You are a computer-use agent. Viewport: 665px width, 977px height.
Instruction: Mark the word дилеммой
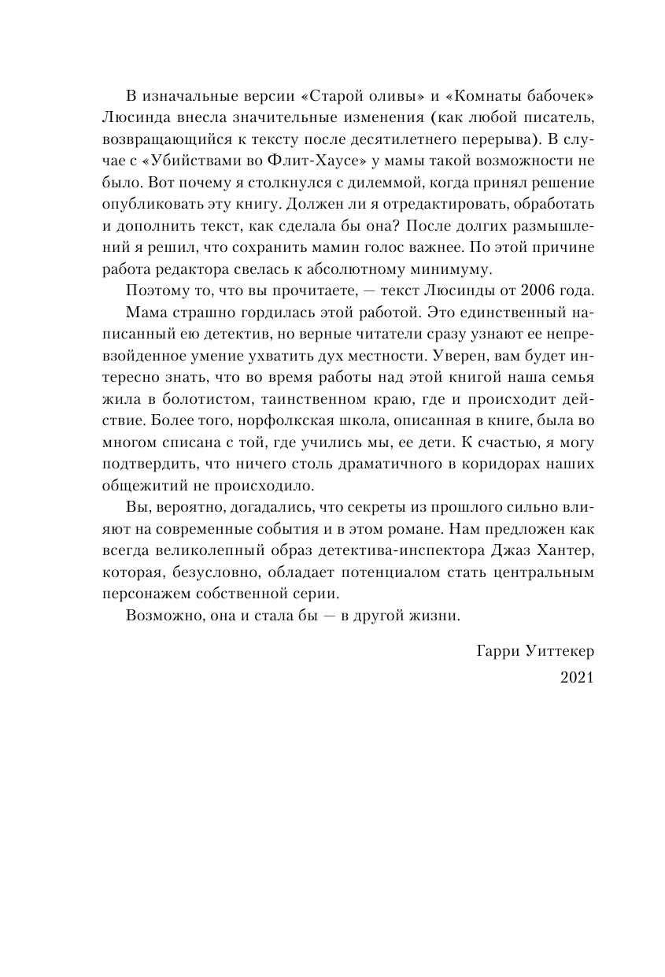pos(376,183)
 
